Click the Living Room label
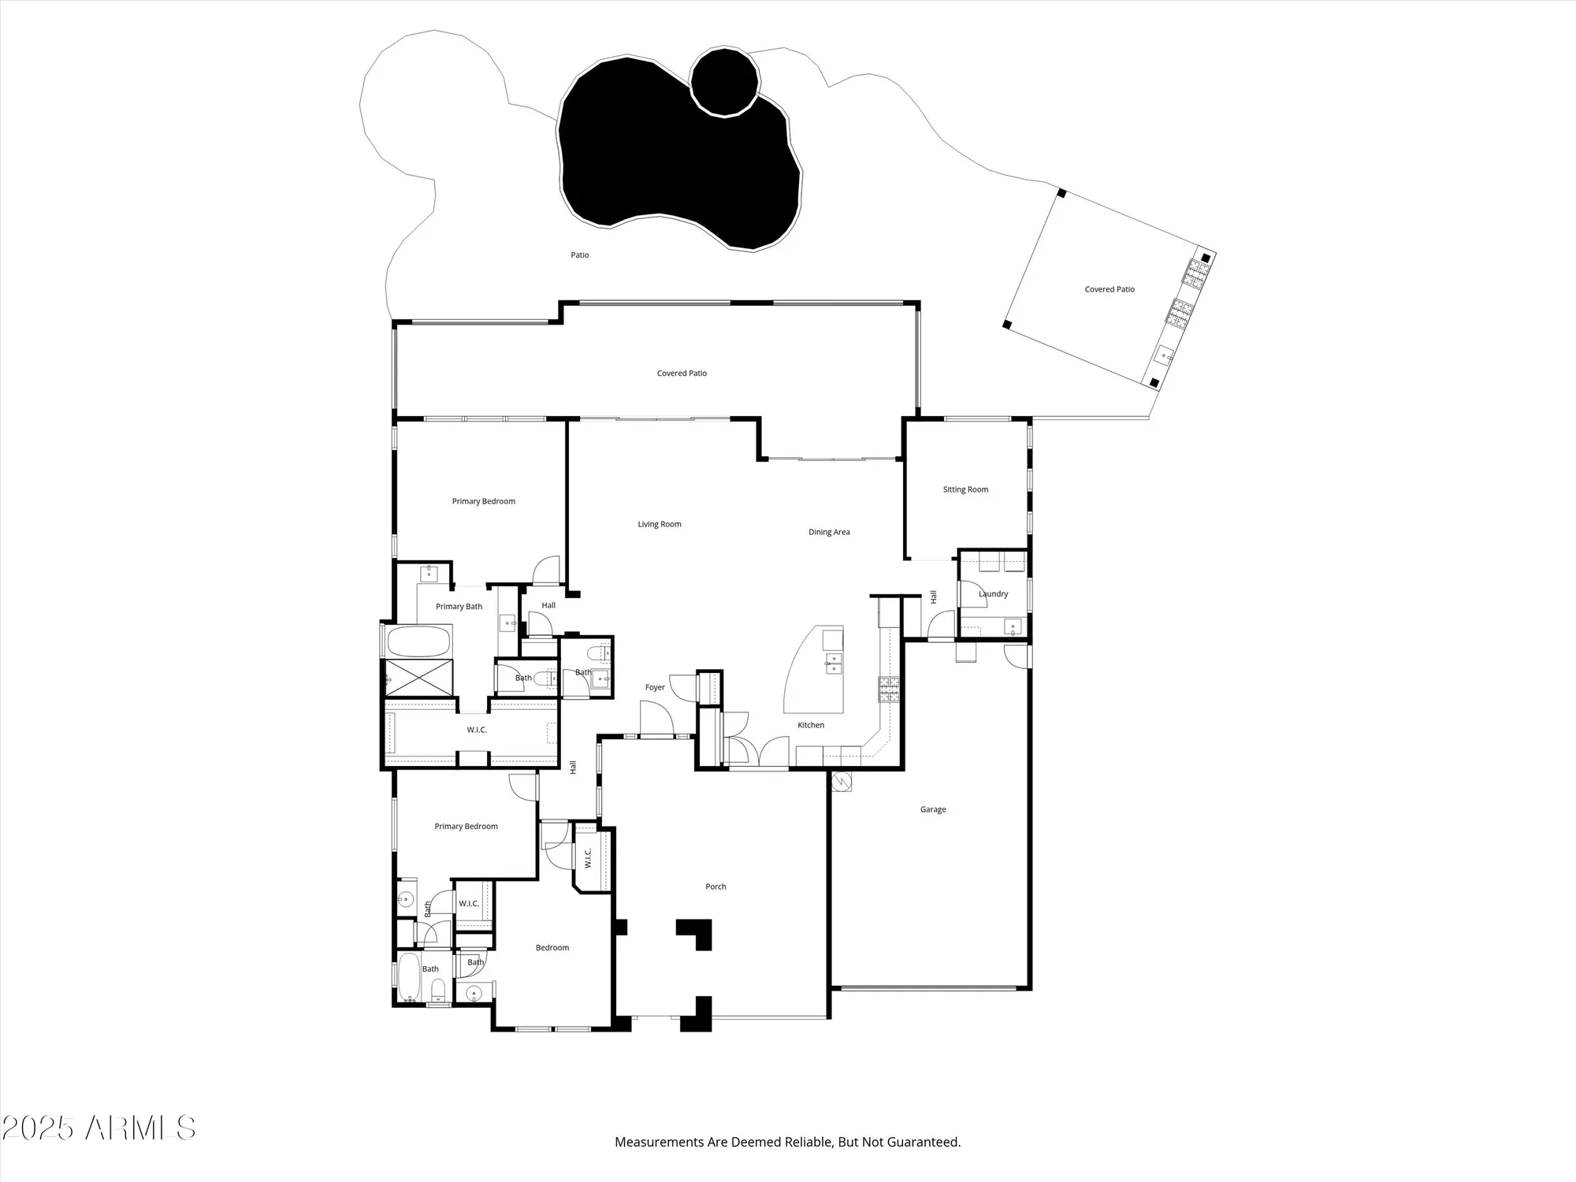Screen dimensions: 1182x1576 pos(660,524)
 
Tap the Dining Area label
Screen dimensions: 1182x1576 pos(829,532)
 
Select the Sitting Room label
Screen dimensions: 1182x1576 pos(965,489)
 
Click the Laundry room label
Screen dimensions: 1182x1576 pos(993,594)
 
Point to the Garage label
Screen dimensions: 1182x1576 pos(933,809)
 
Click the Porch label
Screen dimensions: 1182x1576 pos(716,886)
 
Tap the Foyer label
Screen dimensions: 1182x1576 pos(655,687)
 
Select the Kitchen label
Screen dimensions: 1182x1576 pos(811,725)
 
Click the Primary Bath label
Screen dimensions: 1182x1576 pos(459,607)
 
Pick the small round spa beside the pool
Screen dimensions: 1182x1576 pos(724,82)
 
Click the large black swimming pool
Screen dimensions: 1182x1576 pos(670,158)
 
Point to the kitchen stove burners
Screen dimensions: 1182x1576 pos(889,689)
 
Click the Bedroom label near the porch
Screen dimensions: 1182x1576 pos(552,948)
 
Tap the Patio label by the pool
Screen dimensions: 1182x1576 pos(580,255)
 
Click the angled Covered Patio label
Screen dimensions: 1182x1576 pos(1110,289)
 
